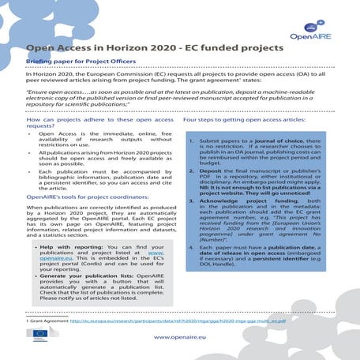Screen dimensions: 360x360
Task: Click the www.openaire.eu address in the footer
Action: [x=180, y=337]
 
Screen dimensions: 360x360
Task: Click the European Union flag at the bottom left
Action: [x=37, y=335]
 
